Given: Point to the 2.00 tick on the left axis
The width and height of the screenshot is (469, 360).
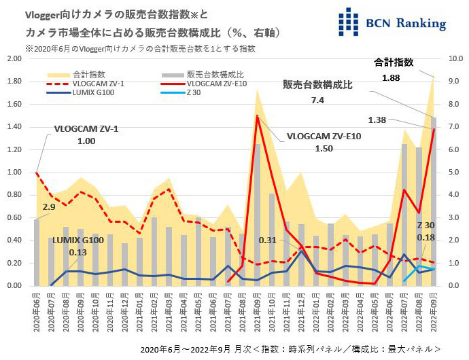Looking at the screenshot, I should click(14, 59).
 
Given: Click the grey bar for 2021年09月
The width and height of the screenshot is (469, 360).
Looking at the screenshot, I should click(258, 214).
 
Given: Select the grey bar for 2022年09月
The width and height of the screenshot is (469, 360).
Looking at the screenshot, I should click(433, 201).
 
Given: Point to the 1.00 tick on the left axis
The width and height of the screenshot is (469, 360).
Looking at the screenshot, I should click(14, 173).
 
